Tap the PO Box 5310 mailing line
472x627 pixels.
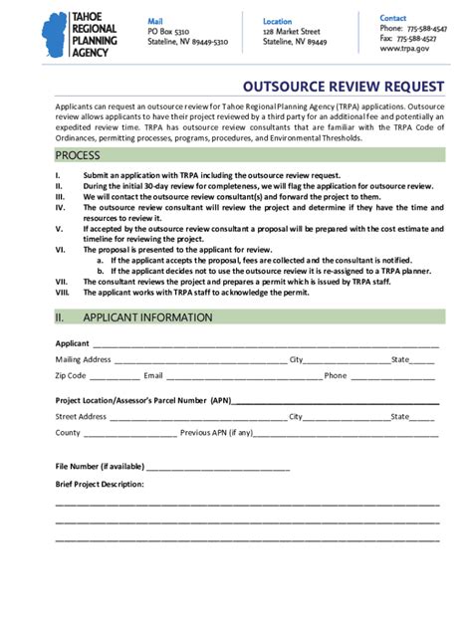coord(168,32)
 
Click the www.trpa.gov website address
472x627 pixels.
coord(404,48)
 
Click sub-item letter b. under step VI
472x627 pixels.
coord(101,270)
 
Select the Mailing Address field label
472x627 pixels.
coord(83,359)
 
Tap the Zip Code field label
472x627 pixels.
coord(71,376)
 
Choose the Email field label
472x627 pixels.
coord(153,376)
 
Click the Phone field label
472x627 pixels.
coord(336,376)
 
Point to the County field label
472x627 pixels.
coord(68,433)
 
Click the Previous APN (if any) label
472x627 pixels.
coord(217,433)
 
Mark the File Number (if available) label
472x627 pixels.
coord(100,466)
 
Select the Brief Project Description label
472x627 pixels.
coord(100,484)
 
